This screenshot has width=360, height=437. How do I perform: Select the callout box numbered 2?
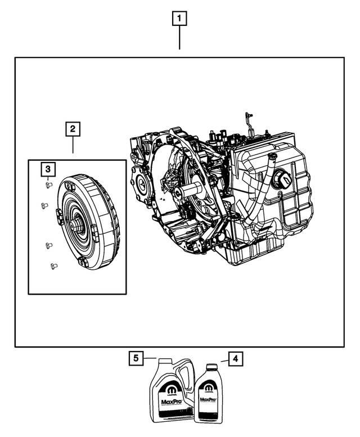point(73,129)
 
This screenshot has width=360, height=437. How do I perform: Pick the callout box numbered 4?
point(236,358)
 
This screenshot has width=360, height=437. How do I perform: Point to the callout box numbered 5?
point(135,358)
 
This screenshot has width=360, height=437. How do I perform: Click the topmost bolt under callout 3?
point(48,183)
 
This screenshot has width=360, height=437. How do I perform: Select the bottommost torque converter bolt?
point(53,265)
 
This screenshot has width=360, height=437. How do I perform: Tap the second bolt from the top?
point(44,206)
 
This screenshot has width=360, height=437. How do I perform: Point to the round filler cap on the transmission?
point(283,181)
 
